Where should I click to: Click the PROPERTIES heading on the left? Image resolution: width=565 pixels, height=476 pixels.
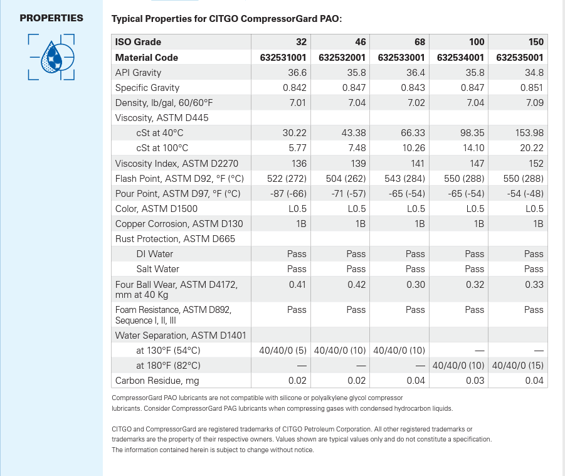click(x=51, y=18)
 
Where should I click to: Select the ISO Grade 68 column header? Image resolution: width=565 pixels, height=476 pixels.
click(x=420, y=42)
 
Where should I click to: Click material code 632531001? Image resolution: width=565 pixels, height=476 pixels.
click(x=283, y=58)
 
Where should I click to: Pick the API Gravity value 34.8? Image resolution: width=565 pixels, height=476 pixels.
click(x=534, y=73)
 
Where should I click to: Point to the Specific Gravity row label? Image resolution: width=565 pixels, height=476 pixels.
click(x=147, y=88)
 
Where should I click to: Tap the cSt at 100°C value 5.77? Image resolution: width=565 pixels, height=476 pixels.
click(x=297, y=149)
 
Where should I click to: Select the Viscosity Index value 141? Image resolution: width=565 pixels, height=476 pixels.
click(x=417, y=164)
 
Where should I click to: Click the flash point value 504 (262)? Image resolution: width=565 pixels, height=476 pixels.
click(x=342, y=179)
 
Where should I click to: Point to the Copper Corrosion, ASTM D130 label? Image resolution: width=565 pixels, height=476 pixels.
click(x=179, y=224)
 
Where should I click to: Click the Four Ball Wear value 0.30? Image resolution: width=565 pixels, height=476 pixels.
click(x=415, y=285)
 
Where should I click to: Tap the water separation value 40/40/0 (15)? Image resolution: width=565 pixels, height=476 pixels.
click(x=518, y=366)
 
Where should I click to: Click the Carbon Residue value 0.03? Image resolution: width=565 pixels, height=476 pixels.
click(x=475, y=381)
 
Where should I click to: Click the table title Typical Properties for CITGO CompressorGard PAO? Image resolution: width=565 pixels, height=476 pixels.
click(x=226, y=18)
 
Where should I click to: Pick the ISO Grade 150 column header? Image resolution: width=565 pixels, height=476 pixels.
click(x=536, y=42)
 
